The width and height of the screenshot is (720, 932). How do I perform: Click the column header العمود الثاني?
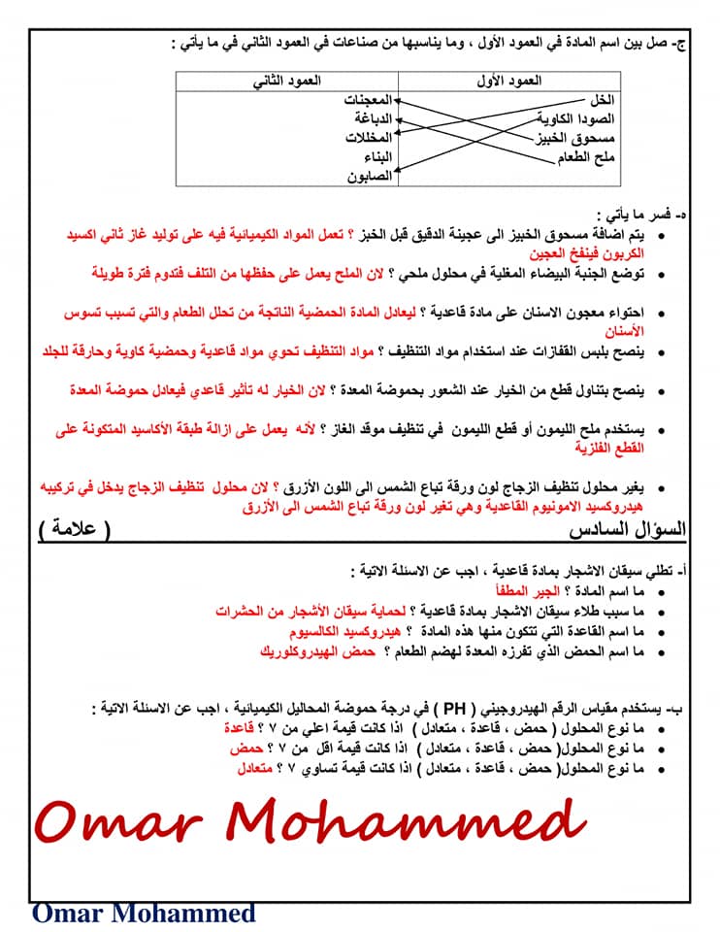pos(286,82)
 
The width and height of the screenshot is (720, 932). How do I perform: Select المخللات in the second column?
pos(368,137)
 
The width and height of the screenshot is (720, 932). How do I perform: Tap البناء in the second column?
pos(376,156)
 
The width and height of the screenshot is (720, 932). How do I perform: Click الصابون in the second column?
pos(370,176)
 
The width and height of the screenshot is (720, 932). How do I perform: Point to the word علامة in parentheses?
pos(75,529)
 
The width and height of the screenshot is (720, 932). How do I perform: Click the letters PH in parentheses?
pos(436,706)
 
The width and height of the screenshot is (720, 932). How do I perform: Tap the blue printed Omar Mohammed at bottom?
pos(144,913)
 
